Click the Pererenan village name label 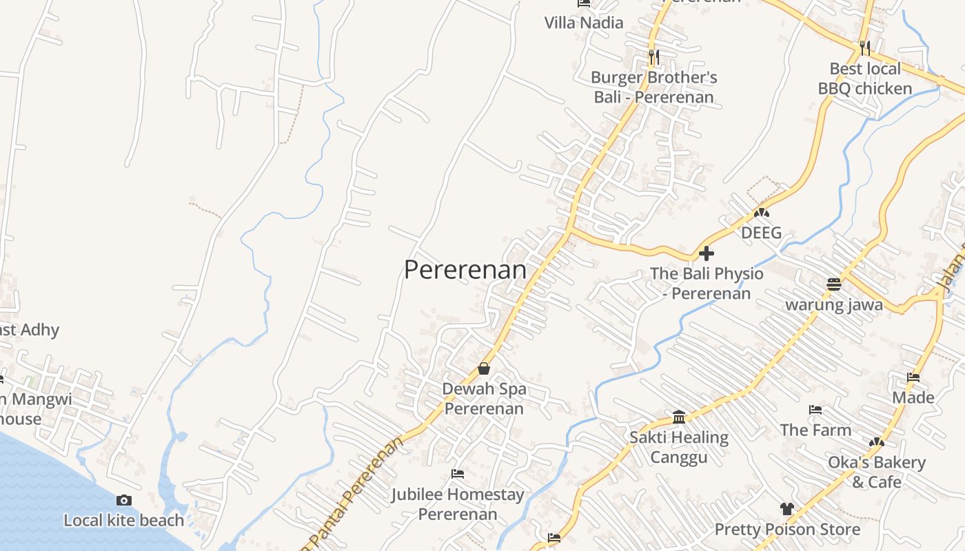tap(465, 270)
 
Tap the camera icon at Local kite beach tap(124, 501)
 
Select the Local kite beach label tap(124, 521)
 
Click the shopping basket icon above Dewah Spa tap(484, 368)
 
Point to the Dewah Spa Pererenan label tap(484, 399)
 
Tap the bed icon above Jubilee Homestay tap(457, 474)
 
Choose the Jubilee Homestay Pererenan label tap(458, 504)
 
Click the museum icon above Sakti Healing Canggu tap(679, 417)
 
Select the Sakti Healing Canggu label tap(679, 447)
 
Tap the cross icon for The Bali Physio tap(707, 253)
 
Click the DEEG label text tap(761, 233)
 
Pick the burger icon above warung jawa tap(834, 284)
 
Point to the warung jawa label tap(834, 304)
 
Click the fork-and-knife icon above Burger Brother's tap(653, 56)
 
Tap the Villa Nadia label tap(584, 23)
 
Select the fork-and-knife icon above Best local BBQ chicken tap(865, 48)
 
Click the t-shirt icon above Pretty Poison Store tap(787, 509)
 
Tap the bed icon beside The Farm tap(815, 410)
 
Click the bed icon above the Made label tap(913, 377)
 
